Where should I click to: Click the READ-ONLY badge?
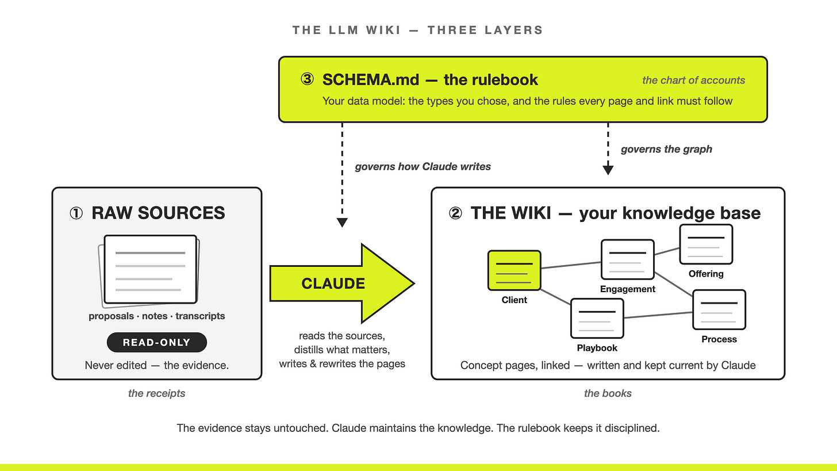(156, 342)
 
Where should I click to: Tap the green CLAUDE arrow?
(341, 284)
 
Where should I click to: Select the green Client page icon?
(514, 270)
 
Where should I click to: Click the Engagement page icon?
(627, 259)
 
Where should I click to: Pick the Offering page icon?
(706, 244)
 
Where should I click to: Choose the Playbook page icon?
(597, 318)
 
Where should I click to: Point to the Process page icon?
(719, 309)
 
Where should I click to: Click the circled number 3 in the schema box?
(307, 79)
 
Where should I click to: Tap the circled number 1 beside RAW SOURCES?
(76, 213)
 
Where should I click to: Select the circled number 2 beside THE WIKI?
(455, 213)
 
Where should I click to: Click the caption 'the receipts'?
(156, 393)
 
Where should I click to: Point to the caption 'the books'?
(608, 393)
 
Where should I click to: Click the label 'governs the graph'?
(666, 149)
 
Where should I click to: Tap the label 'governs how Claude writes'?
(423, 166)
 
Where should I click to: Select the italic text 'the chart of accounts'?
(693, 80)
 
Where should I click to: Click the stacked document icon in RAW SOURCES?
(149, 271)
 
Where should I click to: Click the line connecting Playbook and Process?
(658, 315)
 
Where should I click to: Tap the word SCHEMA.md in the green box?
(371, 79)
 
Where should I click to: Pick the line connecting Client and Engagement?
(571, 265)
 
